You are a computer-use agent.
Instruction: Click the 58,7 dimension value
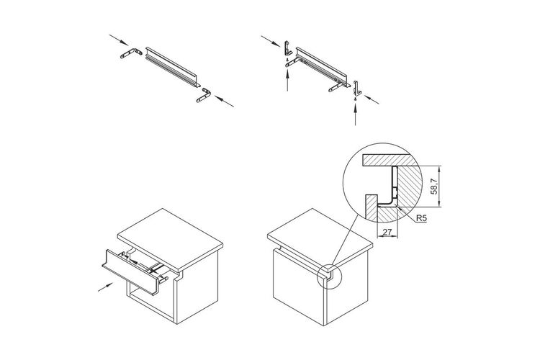(435, 186)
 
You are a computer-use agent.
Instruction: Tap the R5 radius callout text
(421, 218)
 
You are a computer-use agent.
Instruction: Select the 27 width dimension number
(387, 232)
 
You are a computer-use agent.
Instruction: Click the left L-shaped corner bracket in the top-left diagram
(131, 53)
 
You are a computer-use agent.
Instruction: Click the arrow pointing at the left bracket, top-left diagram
(119, 40)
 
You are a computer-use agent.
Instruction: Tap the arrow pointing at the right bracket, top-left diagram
(224, 101)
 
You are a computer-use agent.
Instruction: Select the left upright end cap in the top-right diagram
(287, 48)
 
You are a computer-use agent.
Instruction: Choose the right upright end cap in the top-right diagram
(356, 88)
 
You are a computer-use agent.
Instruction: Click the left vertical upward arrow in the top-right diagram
(287, 80)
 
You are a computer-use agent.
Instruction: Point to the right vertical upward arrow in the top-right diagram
(356, 114)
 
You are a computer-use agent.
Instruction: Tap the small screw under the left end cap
(287, 59)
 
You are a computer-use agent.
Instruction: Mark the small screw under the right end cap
(355, 99)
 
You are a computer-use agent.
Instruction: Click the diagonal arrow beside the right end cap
(372, 99)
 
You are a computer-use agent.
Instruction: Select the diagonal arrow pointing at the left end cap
(270, 40)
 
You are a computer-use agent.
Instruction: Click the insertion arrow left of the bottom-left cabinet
(105, 287)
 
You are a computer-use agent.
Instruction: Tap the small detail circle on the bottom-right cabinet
(329, 276)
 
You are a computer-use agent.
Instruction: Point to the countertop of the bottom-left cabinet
(170, 240)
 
